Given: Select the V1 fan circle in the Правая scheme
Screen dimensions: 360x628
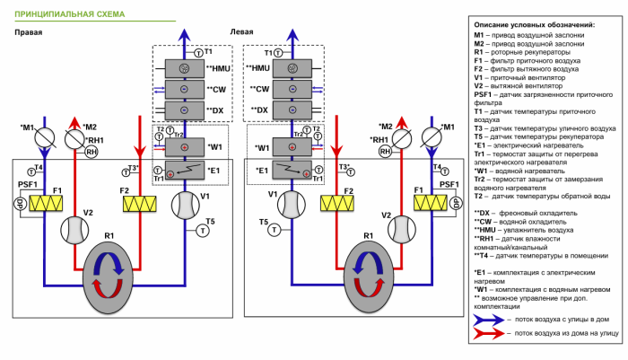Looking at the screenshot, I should click(186, 206).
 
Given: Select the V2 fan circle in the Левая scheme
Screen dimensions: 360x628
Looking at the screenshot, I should click(393, 229).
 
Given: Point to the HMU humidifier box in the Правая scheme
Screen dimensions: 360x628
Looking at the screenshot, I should click(184, 69).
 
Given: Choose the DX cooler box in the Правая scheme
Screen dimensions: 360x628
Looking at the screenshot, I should click(184, 110).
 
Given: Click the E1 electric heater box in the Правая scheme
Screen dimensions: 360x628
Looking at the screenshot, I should click(184, 170).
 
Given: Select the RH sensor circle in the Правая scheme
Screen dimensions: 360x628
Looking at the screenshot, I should click(91, 154).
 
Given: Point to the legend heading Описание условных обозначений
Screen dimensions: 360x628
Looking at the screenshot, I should click(533, 24).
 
